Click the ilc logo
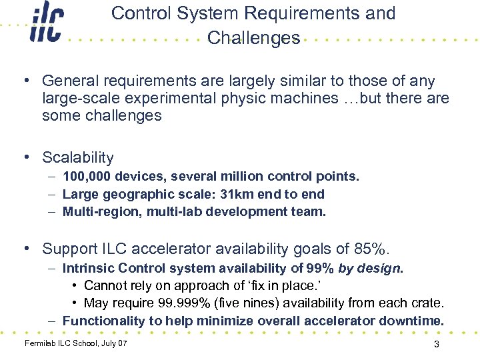(46, 25)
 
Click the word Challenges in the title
(253, 39)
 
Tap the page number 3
(436, 345)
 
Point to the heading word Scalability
(78, 158)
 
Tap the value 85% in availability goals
(370, 249)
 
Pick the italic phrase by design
(375, 268)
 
